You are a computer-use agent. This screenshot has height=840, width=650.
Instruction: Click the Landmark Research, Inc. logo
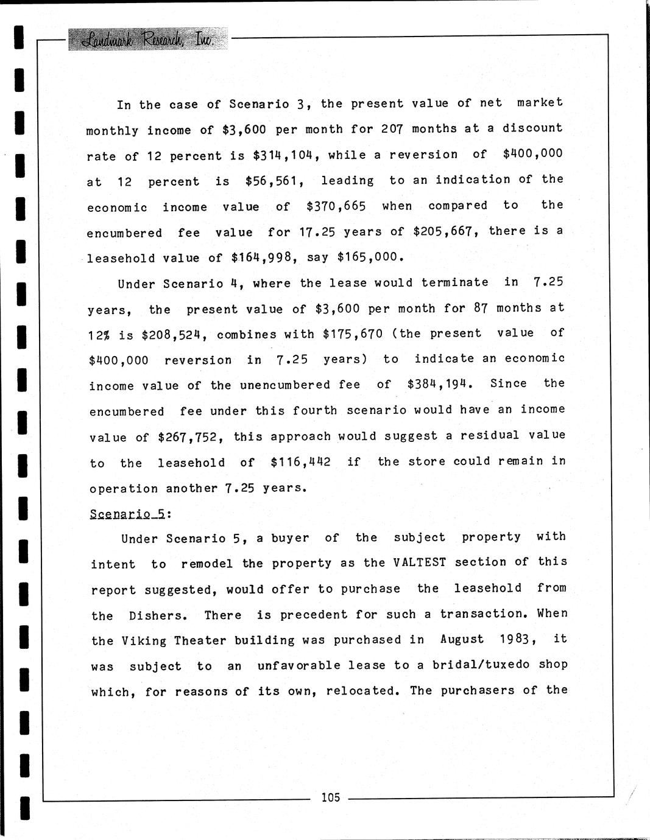[x=147, y=39]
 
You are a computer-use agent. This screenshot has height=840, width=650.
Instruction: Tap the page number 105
[x=330, y=797]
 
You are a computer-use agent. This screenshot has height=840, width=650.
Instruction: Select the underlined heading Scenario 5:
[x=130, y=514]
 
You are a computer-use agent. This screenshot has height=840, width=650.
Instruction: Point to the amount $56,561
[x=271, y=181]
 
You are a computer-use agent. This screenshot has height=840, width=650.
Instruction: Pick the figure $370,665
[x=336, y=206]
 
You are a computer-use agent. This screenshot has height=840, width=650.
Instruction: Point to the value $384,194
[x=440, y=384]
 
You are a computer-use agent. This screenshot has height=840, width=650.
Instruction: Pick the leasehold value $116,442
[x=300, y=463]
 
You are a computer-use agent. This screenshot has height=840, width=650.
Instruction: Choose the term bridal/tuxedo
[x=481, y=665]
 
